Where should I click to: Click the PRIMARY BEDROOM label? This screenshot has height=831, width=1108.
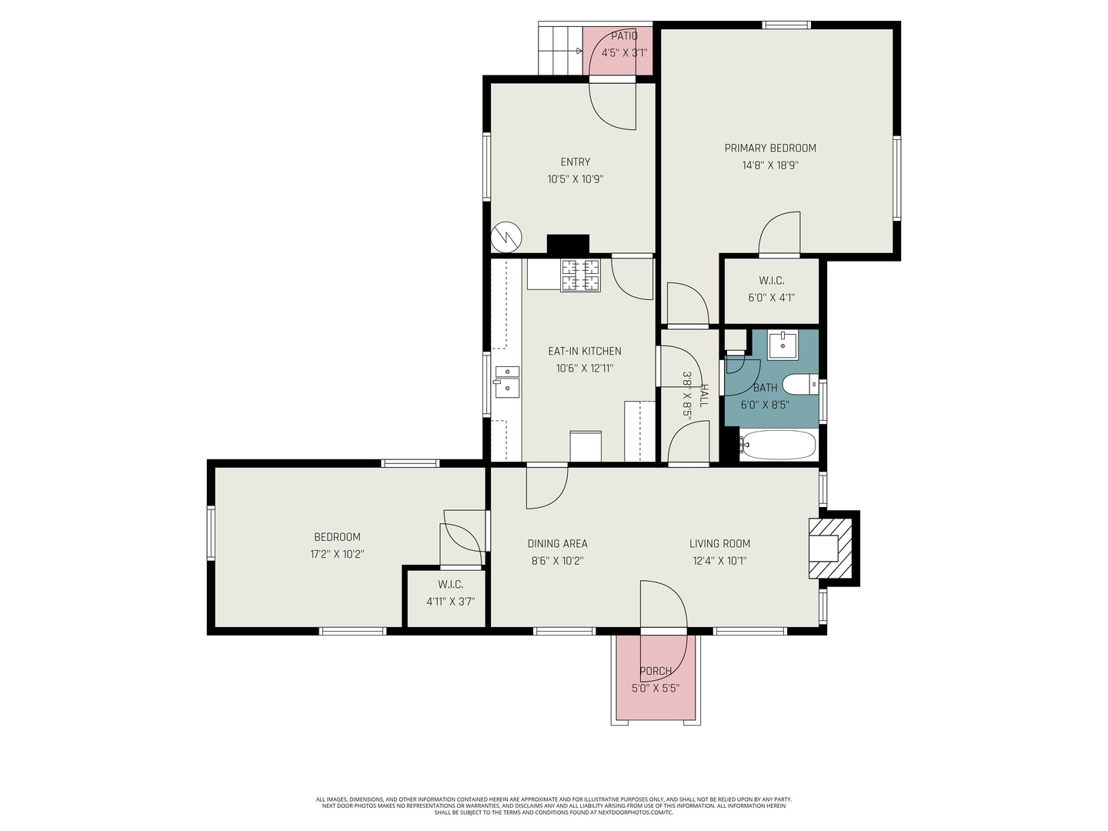(770, 148)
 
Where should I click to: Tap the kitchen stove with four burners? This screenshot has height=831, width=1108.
(580, 276)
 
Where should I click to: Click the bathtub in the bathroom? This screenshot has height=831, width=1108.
(778, 445)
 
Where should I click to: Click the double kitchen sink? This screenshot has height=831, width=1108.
(506, 382)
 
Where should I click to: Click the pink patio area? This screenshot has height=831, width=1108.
(618, 52)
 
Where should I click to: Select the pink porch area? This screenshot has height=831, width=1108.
(656, 678)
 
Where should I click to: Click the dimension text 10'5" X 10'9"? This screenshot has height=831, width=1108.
(575, 179)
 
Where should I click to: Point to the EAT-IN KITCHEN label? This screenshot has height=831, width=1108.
(584, 351)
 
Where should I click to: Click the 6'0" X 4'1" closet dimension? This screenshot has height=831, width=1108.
(771, 298)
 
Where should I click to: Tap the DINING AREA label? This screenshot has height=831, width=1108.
(557, 543)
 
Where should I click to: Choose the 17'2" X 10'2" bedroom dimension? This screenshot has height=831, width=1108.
(337, 554)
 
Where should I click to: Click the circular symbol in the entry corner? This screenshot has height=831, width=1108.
(506, 236)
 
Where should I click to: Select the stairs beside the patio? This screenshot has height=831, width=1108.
(559, 50)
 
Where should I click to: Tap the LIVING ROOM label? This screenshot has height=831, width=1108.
(719, 543)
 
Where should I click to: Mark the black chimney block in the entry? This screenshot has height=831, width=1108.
(568, 244)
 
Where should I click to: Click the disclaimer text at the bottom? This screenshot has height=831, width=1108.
(554, 806)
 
